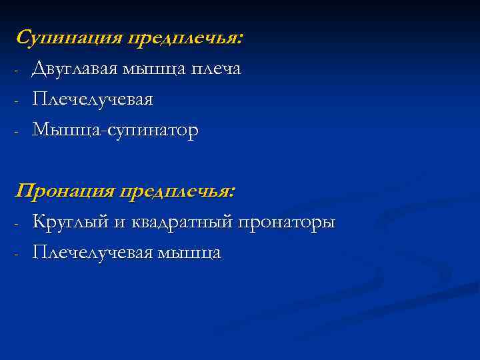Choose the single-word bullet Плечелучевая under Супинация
tap(93, 100)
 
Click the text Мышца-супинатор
tap(115, 131)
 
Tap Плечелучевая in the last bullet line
tap(93, 253)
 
